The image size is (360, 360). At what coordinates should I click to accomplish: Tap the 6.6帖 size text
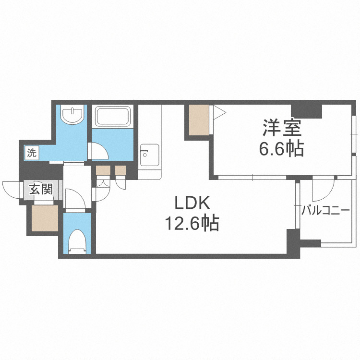281,149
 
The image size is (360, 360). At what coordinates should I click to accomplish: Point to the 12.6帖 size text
192,223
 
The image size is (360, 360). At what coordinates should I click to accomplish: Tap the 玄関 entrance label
40,189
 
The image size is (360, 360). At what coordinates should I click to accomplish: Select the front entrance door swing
11,189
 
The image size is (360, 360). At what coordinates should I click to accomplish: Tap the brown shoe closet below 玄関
44,218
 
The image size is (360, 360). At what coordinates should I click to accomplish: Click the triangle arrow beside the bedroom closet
218,113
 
